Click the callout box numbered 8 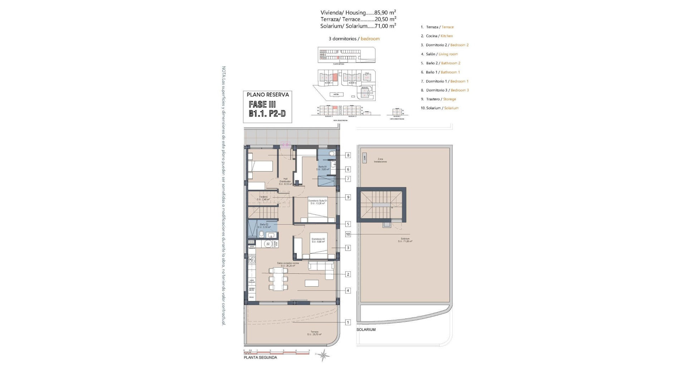(348, 155)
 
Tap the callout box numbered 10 (348, 234)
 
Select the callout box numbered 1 (348, 322)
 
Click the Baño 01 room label (323, 168)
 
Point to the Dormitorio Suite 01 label (318, 202)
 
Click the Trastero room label (263, 198)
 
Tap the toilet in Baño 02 (262, 234)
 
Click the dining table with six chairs (278, 279)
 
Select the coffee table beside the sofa (312, 283)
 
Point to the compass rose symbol (323, 355)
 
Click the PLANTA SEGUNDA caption (260, 357)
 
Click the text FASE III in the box (262, 104)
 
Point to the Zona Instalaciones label (380, 160)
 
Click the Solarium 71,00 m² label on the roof (405, 240)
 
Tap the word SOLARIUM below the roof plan (366, 330)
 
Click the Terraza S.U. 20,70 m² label (314, 333)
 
